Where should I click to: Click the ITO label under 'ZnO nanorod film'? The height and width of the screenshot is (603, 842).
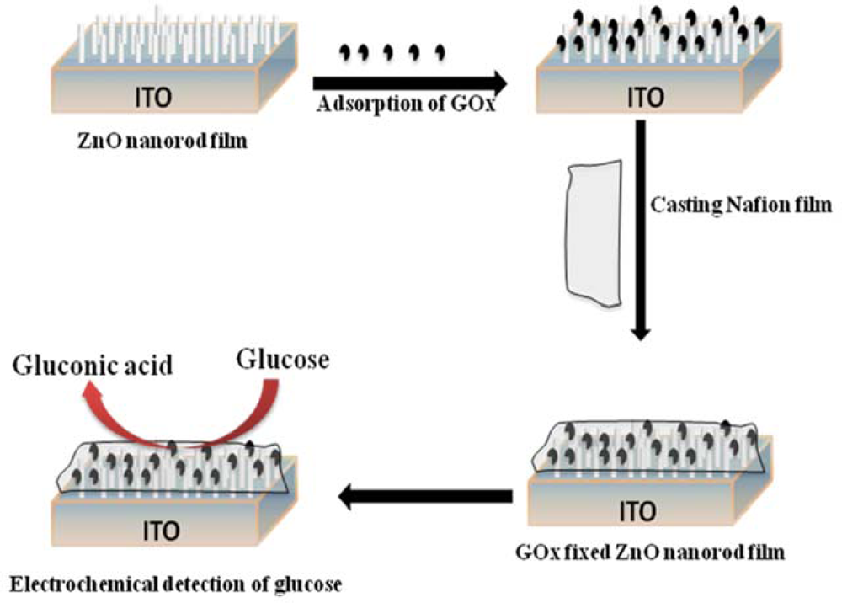[153, 99]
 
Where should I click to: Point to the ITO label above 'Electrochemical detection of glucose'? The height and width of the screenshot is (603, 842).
[159, 531]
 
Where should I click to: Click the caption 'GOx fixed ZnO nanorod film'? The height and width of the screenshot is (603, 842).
[649, 554]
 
